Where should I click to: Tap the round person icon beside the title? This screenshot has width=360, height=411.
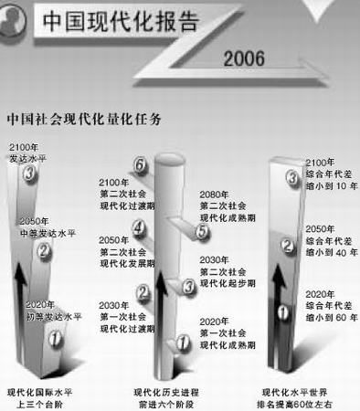[x=20, y=21]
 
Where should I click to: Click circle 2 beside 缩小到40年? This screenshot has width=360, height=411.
[x=286, y=244]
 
